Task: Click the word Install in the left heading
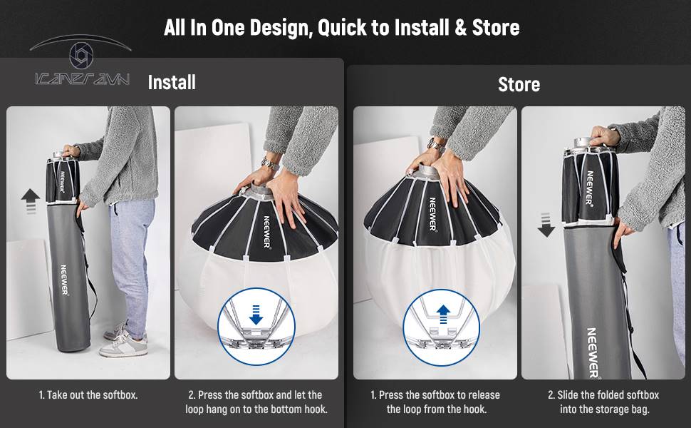[x=172, y=83]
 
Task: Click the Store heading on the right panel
[x=519, y=84]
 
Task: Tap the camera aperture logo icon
[x=81, y=55]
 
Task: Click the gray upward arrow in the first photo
[x=31, y=201]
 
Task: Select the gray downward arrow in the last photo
[x=546, y=225]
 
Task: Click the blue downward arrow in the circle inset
[x=256, y=314]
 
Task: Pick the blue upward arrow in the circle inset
[x=443, y=314]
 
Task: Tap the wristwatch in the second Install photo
[x=269, y=164]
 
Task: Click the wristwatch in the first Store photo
[x=435, y=144]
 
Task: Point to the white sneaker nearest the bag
[x=123, y=347]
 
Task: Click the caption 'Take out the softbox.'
[x=88, y=395]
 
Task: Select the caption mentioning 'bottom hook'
[x=256, y=402]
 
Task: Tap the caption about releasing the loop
[x=435, y=402]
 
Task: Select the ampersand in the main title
[x=460, y=27]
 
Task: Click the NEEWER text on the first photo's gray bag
[x=64, y=280]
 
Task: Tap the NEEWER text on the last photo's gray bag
[x=593, y=353]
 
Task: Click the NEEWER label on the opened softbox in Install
[x=266, y=232]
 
